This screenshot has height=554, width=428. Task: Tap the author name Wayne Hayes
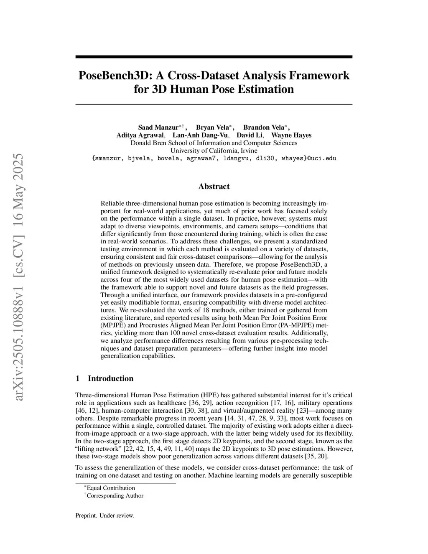click(291, 135)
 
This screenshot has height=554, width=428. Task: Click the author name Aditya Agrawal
click(140, 135)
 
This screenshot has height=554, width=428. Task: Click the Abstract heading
click(214, 186)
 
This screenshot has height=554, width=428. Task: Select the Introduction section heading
click(110, 378)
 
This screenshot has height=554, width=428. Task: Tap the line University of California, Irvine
click(214, 151)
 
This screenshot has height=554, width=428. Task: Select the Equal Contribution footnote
click(111, 488)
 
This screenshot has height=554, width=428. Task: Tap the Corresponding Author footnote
click(115, 496)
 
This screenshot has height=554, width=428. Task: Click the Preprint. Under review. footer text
click(105, 516)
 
